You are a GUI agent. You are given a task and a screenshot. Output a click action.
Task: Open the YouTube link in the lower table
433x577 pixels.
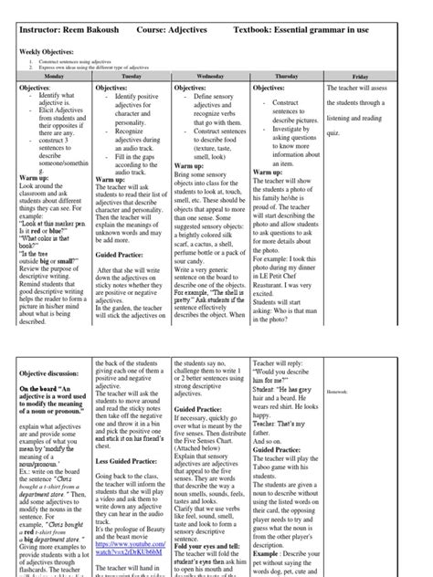point(132,553)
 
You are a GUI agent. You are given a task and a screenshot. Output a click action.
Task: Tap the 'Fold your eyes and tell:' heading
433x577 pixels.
point(208,545)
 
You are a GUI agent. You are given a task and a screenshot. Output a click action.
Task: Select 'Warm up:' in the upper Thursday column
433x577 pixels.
point(268,171)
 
